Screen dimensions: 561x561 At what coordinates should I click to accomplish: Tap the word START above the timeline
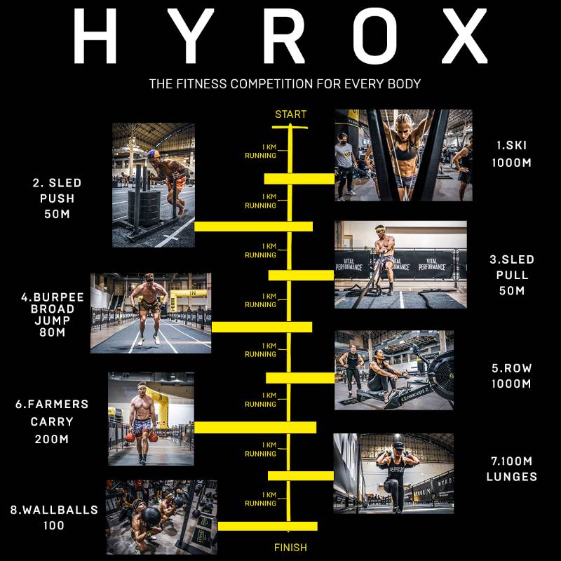point(290,114)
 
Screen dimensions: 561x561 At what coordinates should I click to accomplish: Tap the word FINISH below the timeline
point(290,547)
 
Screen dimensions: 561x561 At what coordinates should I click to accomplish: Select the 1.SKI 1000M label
point(512,154)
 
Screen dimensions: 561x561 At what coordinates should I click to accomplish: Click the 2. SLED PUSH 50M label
point(58,198)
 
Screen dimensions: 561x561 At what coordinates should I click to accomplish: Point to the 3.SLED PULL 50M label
point(511,275)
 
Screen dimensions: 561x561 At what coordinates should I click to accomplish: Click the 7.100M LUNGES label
point(512,468)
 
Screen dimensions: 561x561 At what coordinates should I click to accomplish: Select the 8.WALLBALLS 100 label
point(55,518)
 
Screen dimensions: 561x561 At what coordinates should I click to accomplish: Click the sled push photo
point(154,185)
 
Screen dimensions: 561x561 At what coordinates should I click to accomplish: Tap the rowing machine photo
point(394,370)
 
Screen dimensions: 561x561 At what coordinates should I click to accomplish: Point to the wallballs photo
point(161,517)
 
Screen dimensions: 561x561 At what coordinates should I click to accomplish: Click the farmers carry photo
point(151,419)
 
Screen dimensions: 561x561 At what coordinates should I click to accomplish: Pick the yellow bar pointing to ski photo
point(299,179)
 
